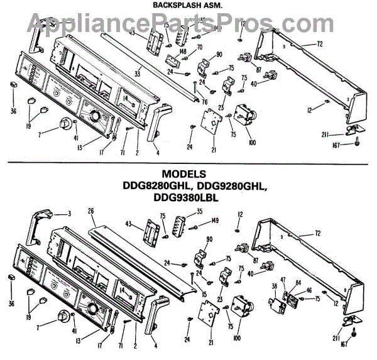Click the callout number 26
(x=91, y=211)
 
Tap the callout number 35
(x=199, y=212)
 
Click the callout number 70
(x=199, y=47)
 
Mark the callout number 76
(x=204, y=102)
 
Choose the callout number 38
(x=274, y=286)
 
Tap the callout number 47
(x=283, y=278)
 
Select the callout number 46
(x=309, y=291)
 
